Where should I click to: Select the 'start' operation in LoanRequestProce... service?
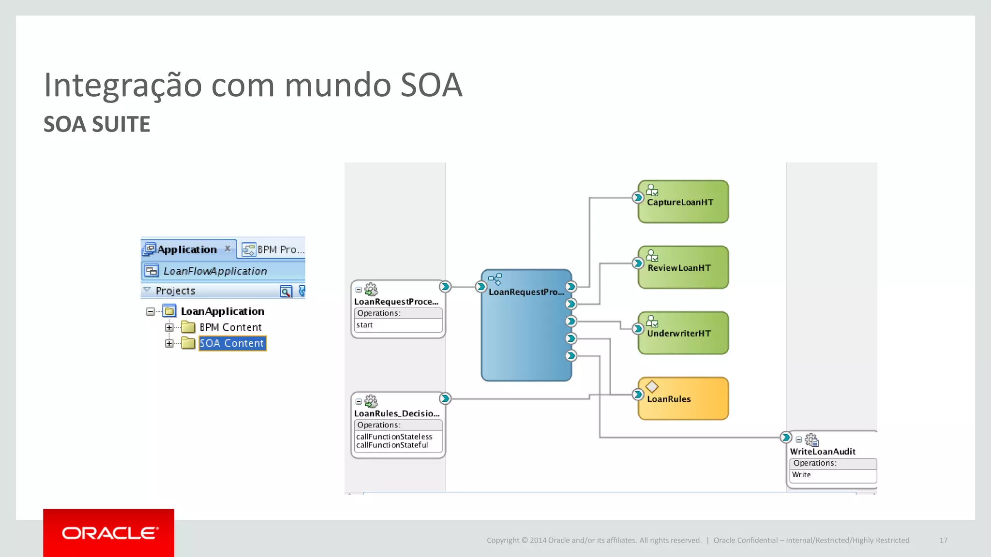(365, 325)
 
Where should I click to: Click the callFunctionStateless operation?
(394, 437)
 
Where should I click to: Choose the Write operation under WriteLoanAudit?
(801, 475)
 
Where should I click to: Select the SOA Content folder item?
(232, 343)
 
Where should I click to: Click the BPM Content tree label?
(230, 327)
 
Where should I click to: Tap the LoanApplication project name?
(223, 311)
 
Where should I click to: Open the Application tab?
(187, 249)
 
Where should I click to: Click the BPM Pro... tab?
(273, 249)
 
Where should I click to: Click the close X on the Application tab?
(227, 249)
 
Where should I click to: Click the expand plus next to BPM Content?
(169, 327)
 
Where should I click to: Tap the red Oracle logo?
(109, 533)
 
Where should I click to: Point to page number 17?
(943, 540)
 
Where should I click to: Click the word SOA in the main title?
(431, 85)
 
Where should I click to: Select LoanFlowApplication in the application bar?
(215, 271)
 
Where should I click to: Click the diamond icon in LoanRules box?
(652, 386)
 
